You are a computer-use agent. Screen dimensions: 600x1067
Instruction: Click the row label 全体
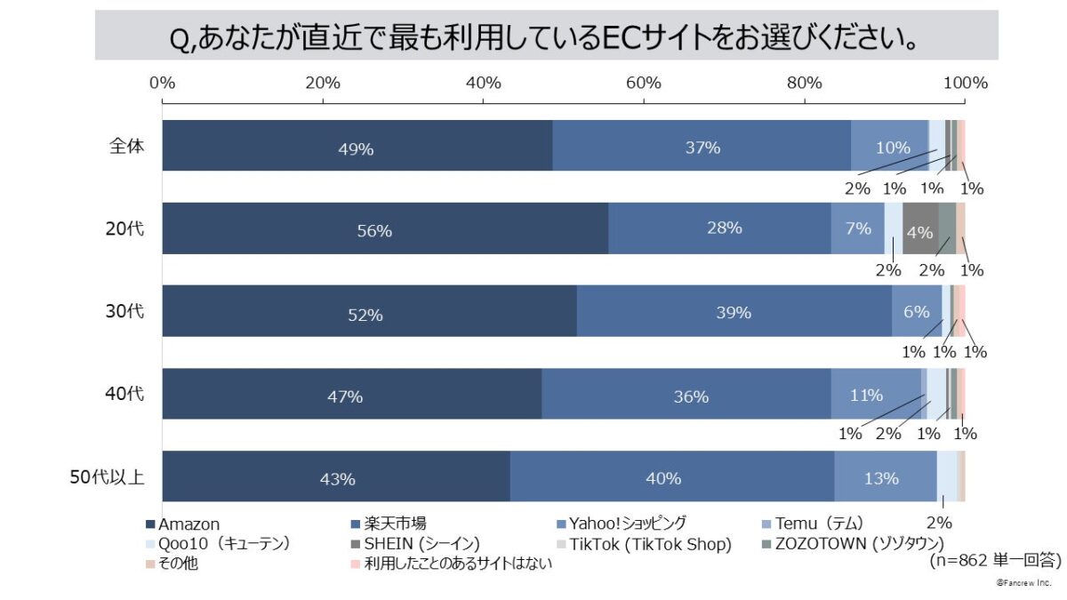(x=121, y=146)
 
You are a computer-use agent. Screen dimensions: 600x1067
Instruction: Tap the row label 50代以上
(x=107, y=477)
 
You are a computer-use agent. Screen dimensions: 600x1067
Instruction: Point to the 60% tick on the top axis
(x=644, y=84)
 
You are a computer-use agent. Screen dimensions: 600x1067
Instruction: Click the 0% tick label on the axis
(x=162, y=84)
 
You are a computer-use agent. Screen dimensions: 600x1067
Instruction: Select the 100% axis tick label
(x=965, y=84)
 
